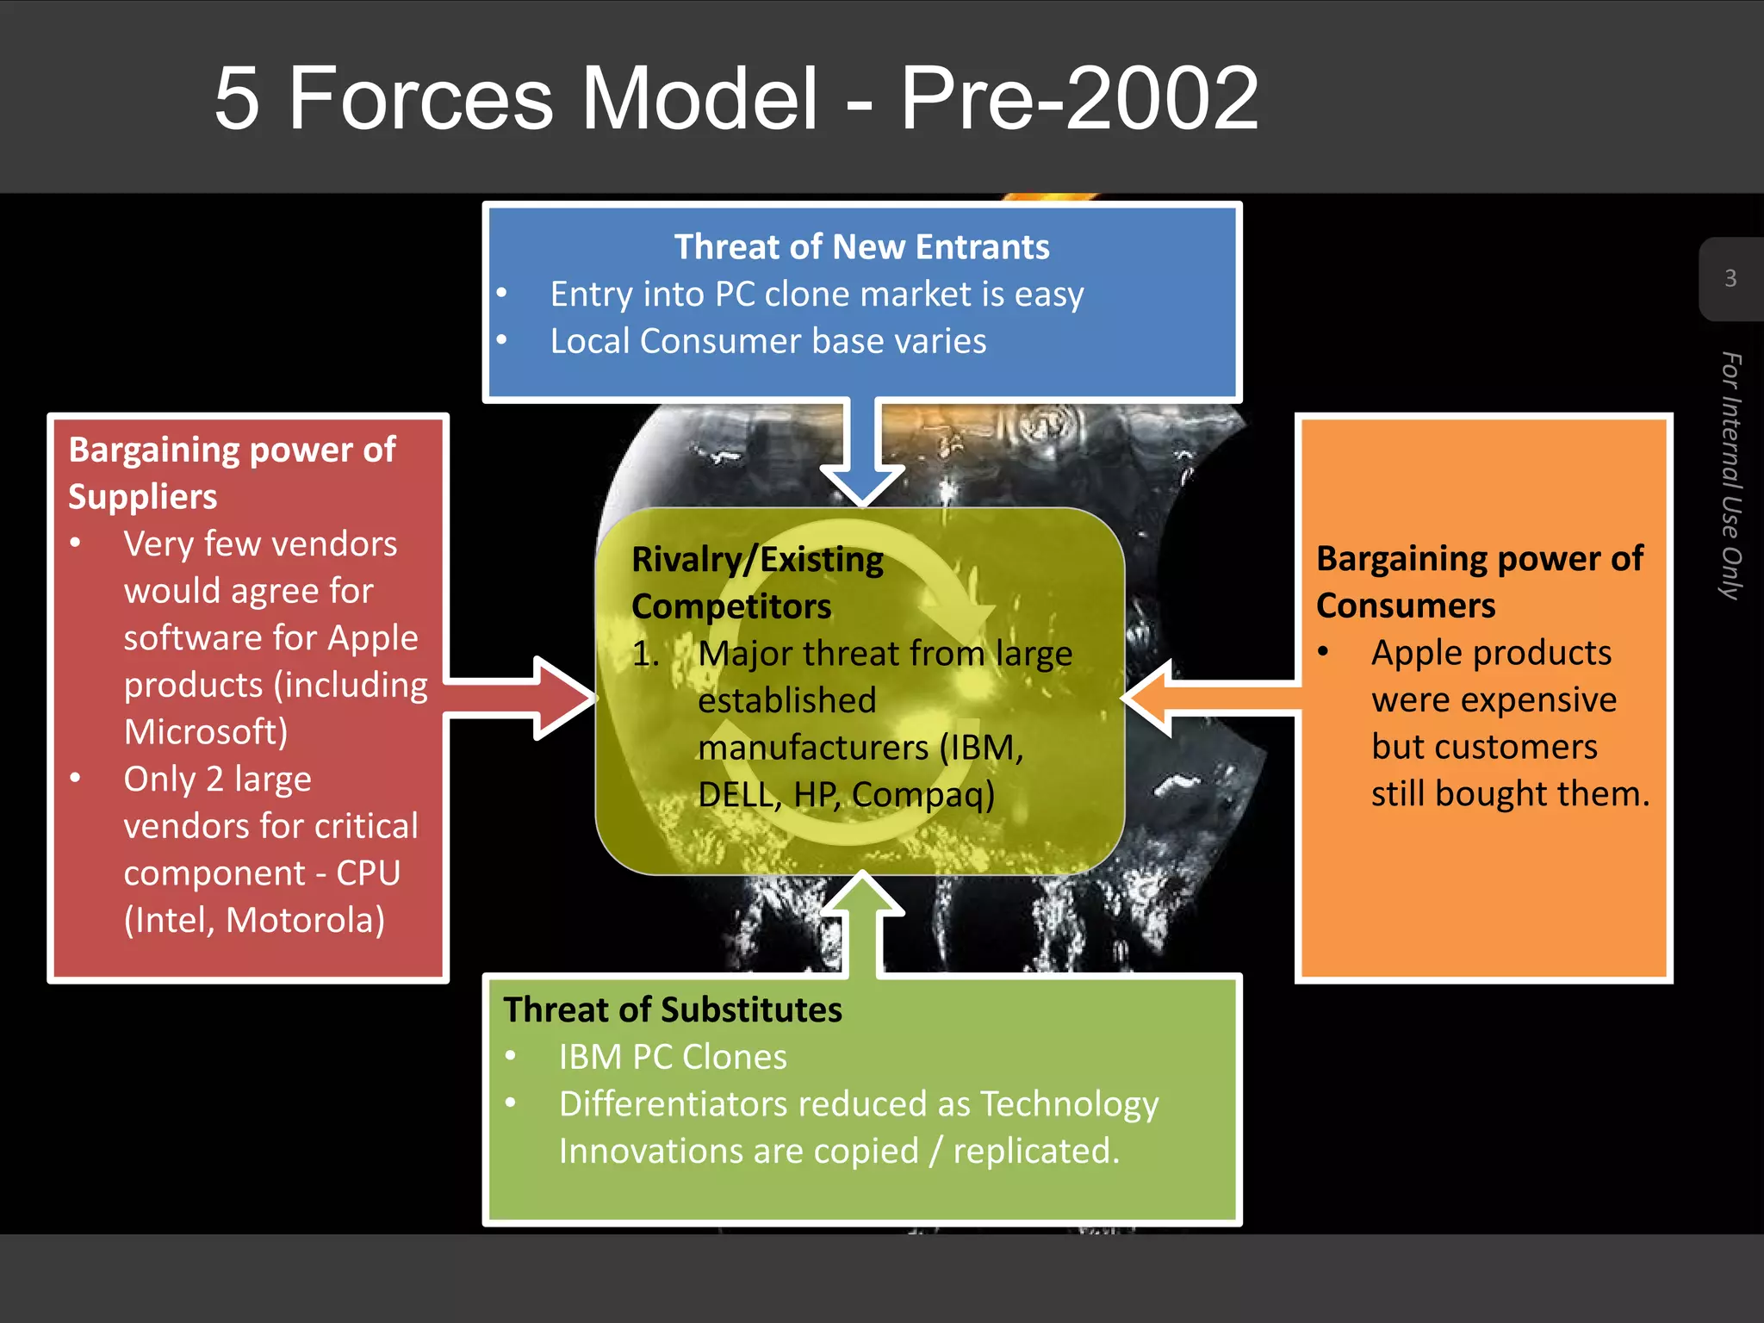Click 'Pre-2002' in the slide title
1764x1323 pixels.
click(1079, 99)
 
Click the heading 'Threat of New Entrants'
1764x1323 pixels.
click(861, 247)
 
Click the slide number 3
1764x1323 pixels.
click(1730, 278)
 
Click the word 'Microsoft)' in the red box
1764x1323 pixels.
click(206, 732)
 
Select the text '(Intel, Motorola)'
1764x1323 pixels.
click(254, 920)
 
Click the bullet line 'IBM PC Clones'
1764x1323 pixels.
click(673, 1057)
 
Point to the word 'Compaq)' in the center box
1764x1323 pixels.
click(922, 794)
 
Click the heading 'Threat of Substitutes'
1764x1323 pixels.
click(673, 1009)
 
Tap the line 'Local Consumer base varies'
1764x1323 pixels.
click(768, 341)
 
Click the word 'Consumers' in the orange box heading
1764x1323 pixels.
click(1406, 606)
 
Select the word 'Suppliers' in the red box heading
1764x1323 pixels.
click(143, 497)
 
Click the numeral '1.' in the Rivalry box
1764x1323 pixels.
click(646, 654)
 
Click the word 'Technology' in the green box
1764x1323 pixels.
click(1069, 1104)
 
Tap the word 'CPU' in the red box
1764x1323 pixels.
click(368, 873)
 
